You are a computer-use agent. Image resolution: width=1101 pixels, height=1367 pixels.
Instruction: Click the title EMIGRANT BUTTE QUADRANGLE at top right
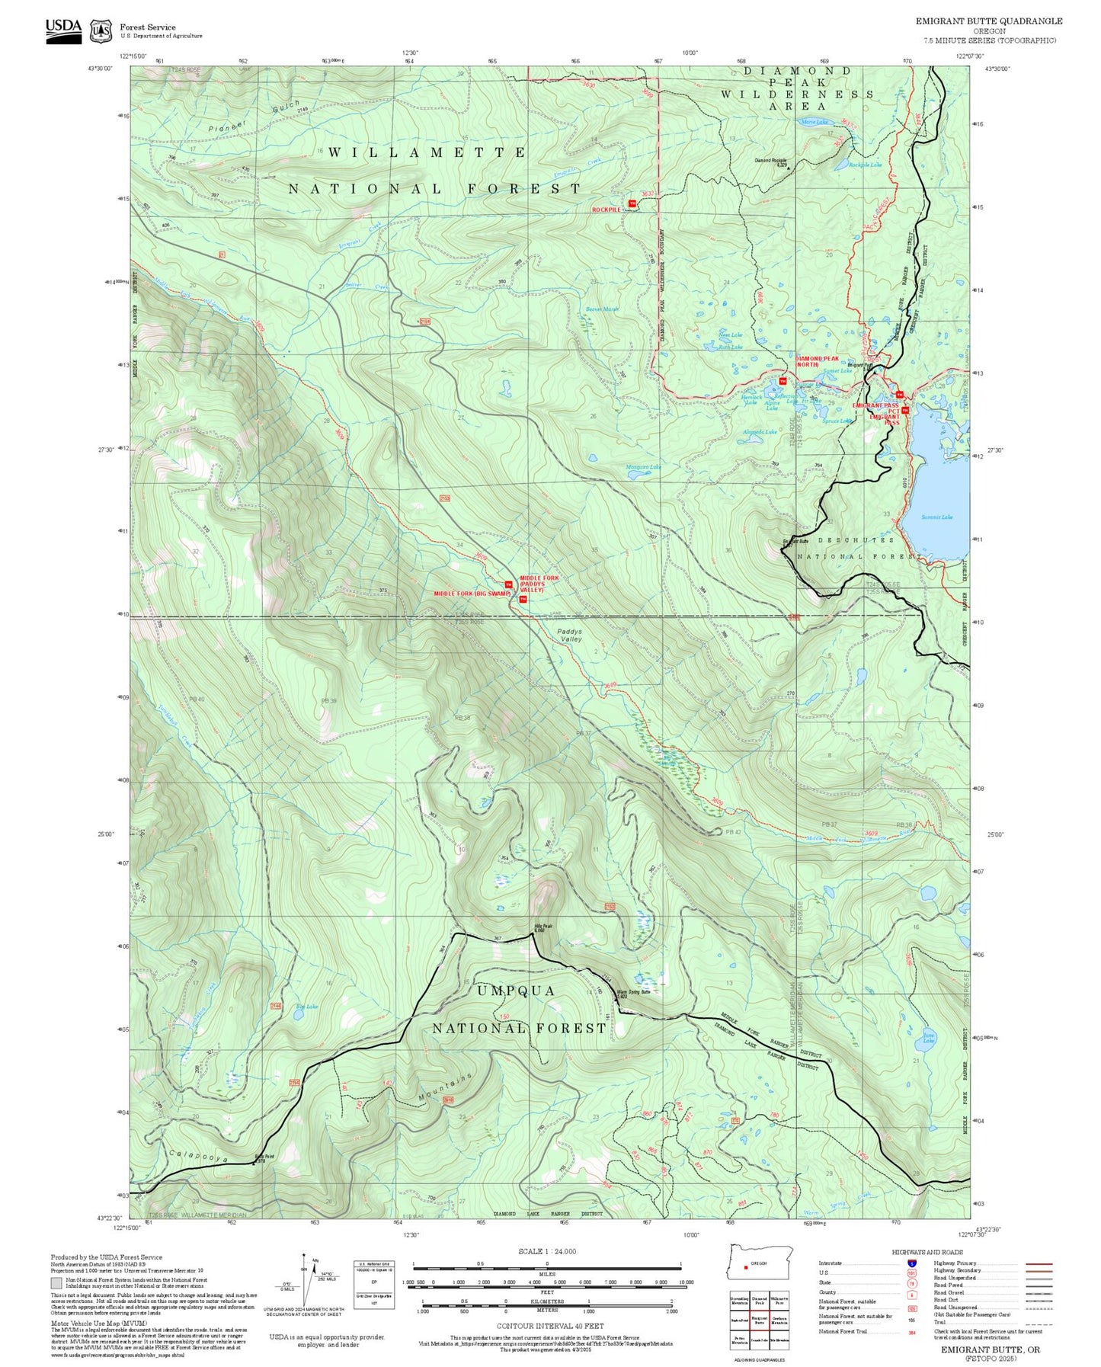(988, 21)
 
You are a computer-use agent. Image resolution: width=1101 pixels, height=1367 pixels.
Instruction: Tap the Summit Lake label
(936, 517)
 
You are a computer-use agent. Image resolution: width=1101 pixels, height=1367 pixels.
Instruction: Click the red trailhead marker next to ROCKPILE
(632, 203)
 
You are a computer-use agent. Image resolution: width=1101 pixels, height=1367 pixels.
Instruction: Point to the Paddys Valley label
(569, 635)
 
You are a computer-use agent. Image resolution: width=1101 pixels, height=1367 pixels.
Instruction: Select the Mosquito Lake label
(644, 467)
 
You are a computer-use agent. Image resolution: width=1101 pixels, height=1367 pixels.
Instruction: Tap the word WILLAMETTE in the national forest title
(427, 153)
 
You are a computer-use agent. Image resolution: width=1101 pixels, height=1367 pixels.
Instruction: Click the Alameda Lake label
(760, 432)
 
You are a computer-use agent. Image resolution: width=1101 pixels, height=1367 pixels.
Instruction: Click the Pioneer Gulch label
(256, 116)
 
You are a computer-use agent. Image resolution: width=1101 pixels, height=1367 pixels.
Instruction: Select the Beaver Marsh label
(602, 309)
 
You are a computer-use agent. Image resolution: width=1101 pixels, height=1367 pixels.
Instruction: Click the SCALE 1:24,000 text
(547, 1252)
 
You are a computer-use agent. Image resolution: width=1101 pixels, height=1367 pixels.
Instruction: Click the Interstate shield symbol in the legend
(911, 1263)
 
